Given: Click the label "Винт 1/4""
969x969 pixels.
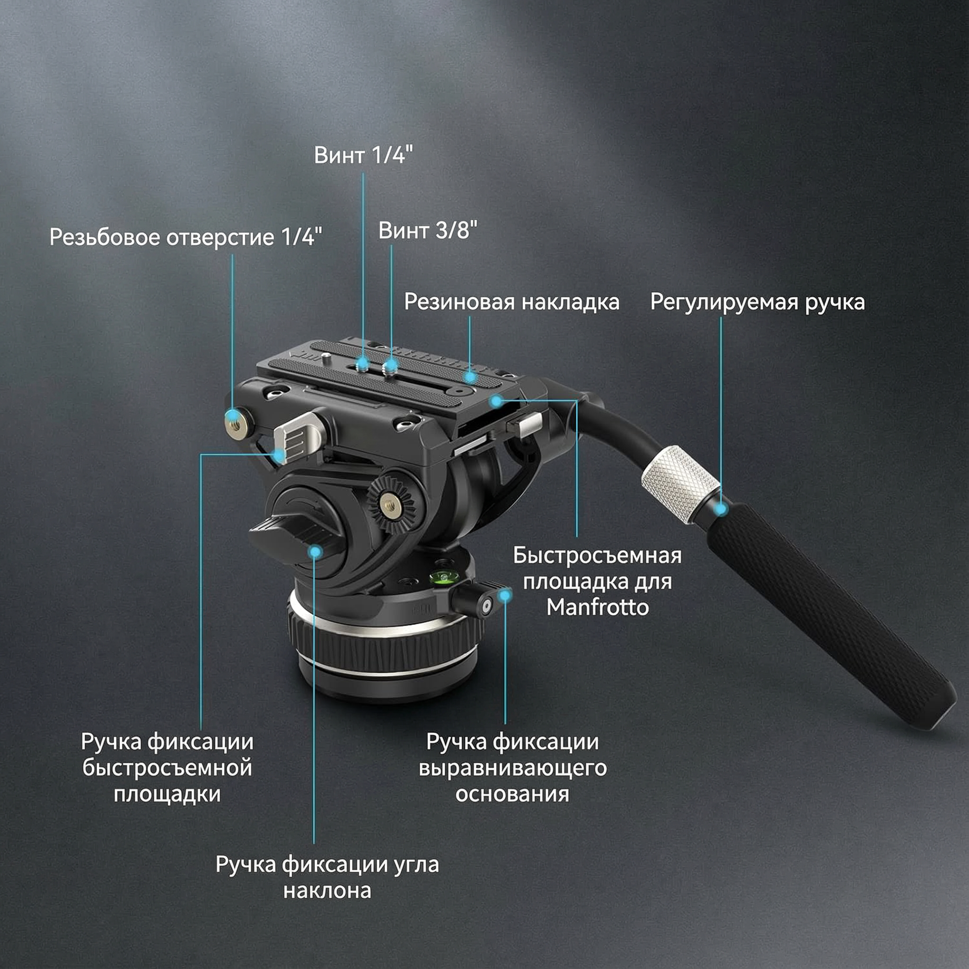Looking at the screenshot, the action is pyautogui.click(x=364, y=155).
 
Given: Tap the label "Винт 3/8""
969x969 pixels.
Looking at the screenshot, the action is pyautogui.click(x=428, y=230).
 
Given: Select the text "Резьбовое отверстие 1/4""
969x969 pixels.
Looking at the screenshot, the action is pyautogui.click(x=185, y=237).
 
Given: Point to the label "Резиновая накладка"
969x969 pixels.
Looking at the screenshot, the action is pyautogui.click(x=511, y=302).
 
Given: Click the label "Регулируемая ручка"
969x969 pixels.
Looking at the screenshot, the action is pyautogui.click(x=758, y=302).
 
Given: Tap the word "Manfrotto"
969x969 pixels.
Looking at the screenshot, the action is pyautogui.click(x=598, y=608).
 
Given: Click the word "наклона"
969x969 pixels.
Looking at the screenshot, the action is pyautogui.click(x=327, y=891).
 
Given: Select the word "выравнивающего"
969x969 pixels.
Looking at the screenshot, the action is pyautogui.click(x=512, y=768).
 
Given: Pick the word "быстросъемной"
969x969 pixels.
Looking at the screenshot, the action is pyautogui.click(x=167, y=768).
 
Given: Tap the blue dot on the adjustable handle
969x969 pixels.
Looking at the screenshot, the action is pyautogui.click(x=721, y=509).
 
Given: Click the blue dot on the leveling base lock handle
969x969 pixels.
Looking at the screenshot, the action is pyautogui.click(x=505, y=595).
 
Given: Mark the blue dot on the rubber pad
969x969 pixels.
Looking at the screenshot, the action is pyautogui.click(x=470, y=376).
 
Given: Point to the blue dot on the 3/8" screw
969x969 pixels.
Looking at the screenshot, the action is pyautogui.click(x=391, y=365).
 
